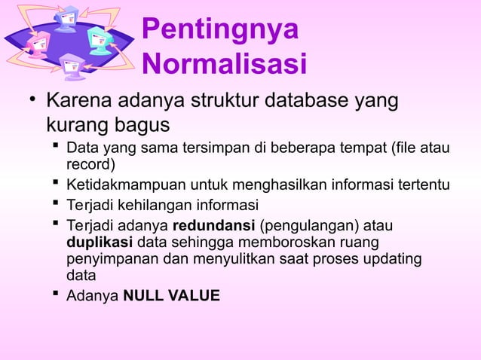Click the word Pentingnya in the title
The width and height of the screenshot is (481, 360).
(x=219, y=30)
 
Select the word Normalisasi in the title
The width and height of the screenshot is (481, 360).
(x=224, y=65)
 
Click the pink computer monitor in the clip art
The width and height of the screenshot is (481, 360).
(x=38, y=44)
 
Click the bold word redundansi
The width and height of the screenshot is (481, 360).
(x=213, y=226)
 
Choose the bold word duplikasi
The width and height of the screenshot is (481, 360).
(x=100, y=243)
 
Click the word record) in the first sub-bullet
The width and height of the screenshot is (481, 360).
(x=90, y=165)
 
